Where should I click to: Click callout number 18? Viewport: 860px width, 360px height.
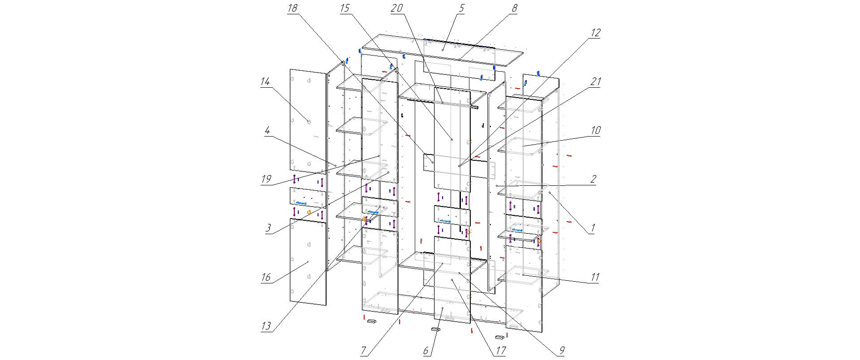pos(292,9)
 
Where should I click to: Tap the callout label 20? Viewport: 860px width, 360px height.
pos(397,9)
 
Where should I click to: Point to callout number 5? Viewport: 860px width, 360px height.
pos(462,9)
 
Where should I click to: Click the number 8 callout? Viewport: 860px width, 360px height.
pos(514,9)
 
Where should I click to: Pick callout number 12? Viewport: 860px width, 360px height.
pos(595,33)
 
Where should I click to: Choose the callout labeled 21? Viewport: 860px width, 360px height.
pos(595,82)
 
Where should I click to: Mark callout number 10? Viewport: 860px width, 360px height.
pos(595,131)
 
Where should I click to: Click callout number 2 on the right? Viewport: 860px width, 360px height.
pos(593,180)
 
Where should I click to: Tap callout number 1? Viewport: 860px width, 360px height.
pos(592,228)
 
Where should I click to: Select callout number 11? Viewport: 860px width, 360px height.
pos(594,277)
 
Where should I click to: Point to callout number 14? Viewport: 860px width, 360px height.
pos(265,82)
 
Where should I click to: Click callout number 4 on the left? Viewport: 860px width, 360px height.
pos(267,131)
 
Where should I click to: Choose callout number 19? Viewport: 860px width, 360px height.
pos(266,180)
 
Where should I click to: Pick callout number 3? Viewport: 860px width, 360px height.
pos(268,228)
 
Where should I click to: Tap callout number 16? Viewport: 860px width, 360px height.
pos(266,277)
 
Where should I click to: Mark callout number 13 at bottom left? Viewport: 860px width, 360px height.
pos(266,326)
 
